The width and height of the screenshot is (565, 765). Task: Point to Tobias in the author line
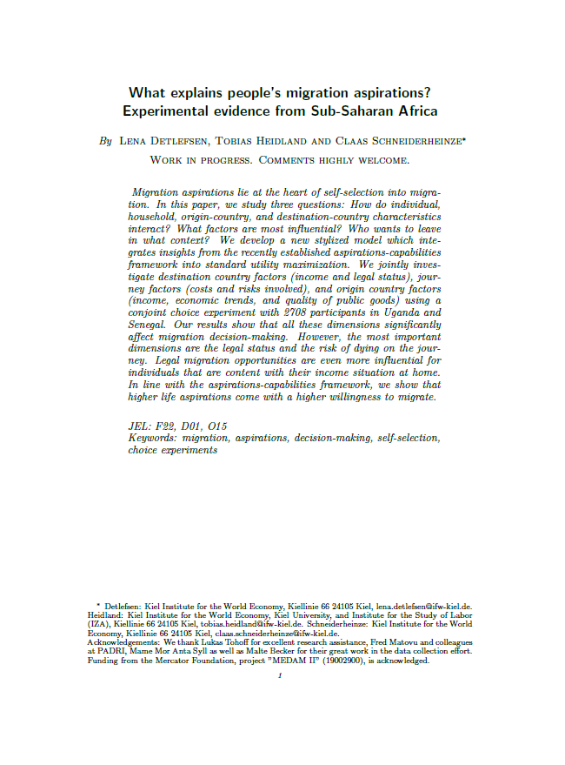(238, 140)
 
